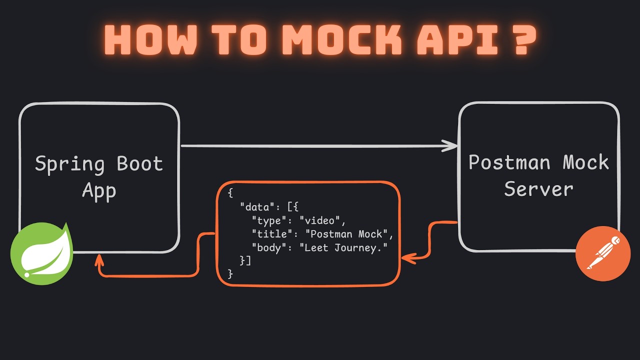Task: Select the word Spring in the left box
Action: [x=70, y=164]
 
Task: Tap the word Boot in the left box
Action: [x=140, y=163]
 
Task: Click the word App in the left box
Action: [x=99, y=191]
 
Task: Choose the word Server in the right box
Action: [x=538, y=189]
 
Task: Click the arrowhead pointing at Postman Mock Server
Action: [x=451, y=146]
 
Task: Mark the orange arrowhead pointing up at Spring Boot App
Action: [x=99, y=258]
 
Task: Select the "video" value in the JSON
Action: [x=322, y=220]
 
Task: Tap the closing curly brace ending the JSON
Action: [x=230, y=273]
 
